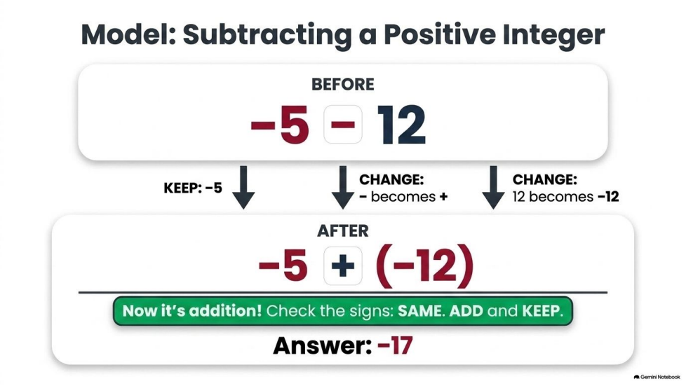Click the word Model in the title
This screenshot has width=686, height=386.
pos(128,34)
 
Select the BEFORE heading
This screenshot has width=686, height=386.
pos(342,84)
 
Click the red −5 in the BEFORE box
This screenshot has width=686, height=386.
pos(280,125)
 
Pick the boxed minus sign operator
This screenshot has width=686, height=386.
pos(342,125)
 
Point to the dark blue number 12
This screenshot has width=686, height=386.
pos(401,125)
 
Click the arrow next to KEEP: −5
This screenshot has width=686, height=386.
pos(243,187)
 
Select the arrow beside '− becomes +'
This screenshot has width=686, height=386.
pos(342,187)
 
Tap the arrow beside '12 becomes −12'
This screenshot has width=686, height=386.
pos(493,187)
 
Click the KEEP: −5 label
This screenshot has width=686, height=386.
pos(193,188)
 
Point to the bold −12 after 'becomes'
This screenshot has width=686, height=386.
pos(608,197)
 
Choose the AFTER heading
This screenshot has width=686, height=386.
pos(342,230)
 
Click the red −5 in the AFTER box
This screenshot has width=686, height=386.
pos(283,266)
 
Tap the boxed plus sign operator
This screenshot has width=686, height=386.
pos(342,266)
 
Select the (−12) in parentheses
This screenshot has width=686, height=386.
pos(424,266)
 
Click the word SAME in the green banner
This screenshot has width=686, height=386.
pos(420,311)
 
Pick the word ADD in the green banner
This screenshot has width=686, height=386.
pos(466,311)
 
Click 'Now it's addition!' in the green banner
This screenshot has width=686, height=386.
pos(192,311)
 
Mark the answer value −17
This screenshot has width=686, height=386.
pos(395,346)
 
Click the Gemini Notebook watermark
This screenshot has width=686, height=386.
pos(657,377)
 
